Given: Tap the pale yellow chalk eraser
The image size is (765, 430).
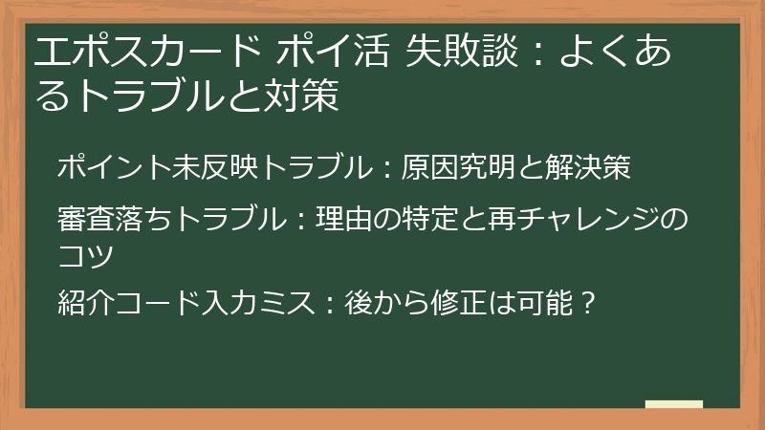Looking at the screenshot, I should (x=673, y=404).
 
